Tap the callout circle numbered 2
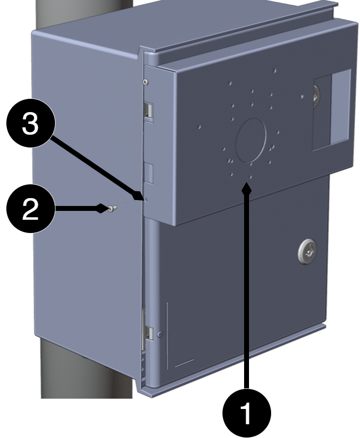coord(30,208)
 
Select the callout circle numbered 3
coord(30,123)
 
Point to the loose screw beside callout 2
coord(112,208)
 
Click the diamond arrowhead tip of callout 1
coord(247,182)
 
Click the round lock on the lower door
coord(307,251)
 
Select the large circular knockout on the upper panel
coord(250,140)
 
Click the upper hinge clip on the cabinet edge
coord(148,110)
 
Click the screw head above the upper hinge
coord(145,82)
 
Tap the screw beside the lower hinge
coord(160,334)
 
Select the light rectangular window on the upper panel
coord(340,107)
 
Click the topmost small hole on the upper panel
coord(275,71)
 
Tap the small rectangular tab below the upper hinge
coord(148,174)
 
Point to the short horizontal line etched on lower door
coord(184,363)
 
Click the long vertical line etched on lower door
coord(167,335)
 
